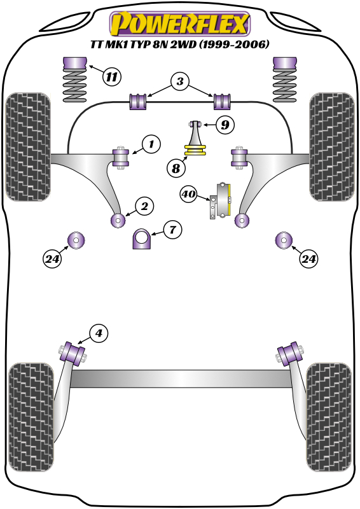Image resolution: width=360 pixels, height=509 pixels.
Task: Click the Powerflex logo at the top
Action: tap(180, 24)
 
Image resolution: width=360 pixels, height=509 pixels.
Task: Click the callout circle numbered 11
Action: tap(111, 78)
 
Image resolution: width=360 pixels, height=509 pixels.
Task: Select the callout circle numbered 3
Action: tap(180, 81)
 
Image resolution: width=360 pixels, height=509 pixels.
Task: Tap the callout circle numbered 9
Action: tap(225, 125)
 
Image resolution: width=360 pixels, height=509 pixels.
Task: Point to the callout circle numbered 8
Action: tap(176, 169)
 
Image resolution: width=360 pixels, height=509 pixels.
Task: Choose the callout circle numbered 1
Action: tap(151, 145)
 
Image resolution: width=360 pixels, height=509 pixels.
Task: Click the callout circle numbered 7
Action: tap(172, 230)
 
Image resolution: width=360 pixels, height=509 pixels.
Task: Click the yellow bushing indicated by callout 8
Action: tap(197, 151)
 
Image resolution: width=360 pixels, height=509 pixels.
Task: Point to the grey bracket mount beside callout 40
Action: tap(221, 202)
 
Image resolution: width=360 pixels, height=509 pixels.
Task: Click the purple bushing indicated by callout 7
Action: tap(143, 240)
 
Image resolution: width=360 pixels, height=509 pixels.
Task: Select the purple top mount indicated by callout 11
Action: tap(76, 65)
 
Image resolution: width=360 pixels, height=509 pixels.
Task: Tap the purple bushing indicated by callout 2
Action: tap(118, 220)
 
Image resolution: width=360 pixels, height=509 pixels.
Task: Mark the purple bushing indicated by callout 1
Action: tap(120, 157)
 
